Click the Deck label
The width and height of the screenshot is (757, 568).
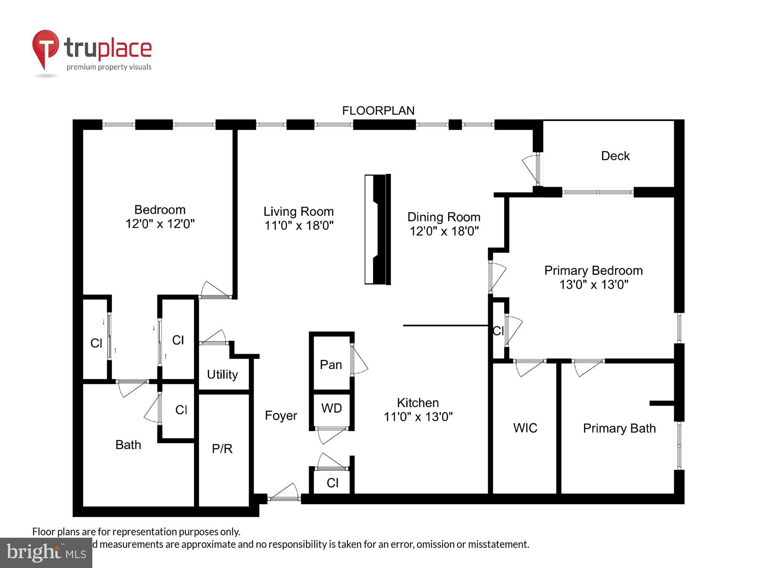(615, 156)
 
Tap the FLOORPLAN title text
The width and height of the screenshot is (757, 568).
(378, 111)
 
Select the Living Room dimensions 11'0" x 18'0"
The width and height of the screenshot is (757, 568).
(299, 226)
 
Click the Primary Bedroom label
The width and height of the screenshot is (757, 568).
(593, 270)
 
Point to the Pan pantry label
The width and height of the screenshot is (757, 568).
(330, 365)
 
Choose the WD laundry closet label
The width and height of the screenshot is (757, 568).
(332, 408)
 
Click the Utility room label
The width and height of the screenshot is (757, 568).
(222, 375)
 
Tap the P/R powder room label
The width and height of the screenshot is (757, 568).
(222, 449)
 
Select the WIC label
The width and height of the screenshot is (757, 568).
(525, 428)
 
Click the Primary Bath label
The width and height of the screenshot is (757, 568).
(619, 428)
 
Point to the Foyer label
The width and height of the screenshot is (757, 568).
(281, 415)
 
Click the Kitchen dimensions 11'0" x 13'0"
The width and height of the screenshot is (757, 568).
(418, 417)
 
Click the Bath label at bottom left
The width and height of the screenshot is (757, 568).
(128, 445)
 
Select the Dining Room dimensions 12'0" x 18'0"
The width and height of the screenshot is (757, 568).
(444, 231)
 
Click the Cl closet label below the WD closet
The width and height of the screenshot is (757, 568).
(332, 483)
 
